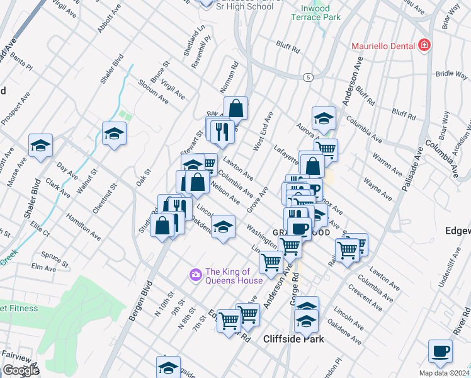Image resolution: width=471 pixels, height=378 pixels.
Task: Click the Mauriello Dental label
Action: point(382,45)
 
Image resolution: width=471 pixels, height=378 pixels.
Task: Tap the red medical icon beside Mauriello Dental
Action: point(424,45)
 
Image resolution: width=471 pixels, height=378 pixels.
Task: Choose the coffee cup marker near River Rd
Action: point(440,350)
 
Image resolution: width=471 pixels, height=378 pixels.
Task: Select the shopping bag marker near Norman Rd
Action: point(235,108)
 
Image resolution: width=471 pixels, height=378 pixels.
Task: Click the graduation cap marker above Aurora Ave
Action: point(324,118)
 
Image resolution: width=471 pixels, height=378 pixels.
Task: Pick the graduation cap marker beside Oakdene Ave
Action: point(223,226)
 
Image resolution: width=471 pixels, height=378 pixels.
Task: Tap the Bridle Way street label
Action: point(451,74)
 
